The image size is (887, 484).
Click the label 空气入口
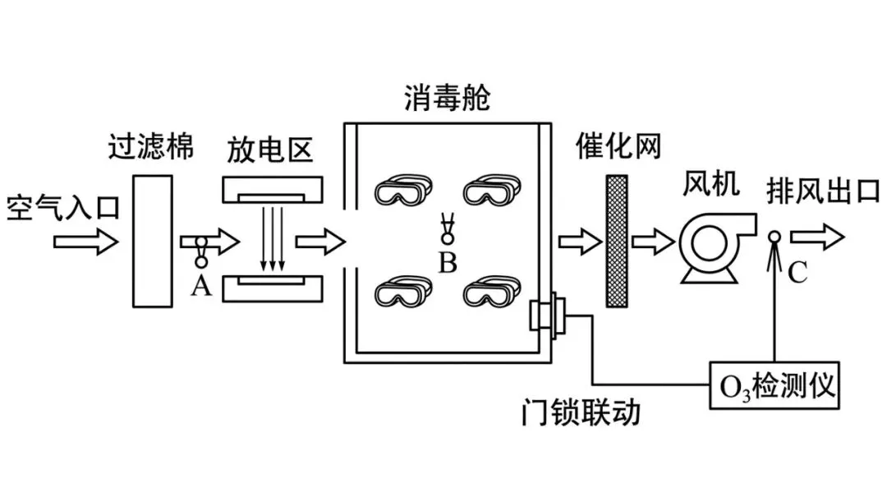(x=62, y=205)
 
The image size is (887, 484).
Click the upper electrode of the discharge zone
(x=272, y=191)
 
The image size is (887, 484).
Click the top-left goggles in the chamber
(x=402, y=191)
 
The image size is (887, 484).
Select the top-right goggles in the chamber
(x=490, y=191)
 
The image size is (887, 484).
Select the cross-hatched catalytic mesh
(x=617, y=241)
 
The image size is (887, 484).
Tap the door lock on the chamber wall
(x=547, y=316)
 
